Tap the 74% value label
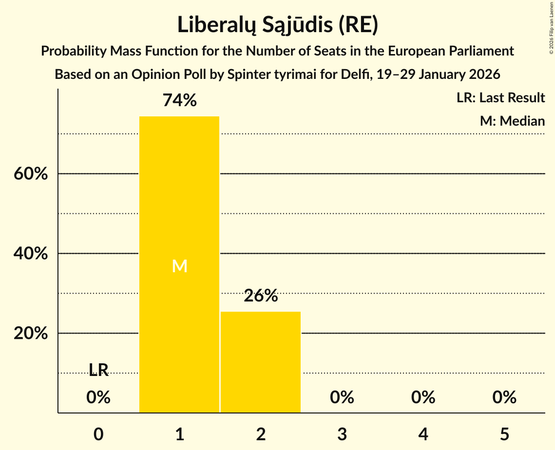pyautogui.click(x=179, y=101)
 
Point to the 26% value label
pyautogui.click(x=261, y=296)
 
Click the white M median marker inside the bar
pyautogui.click(x=179, y=266)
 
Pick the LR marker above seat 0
pyautogui.click(x=98, y=370)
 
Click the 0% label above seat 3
pyautogui.click(x=342, y=397)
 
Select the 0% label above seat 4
pyautogui.click(x=423, y=397)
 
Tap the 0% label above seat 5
pyautogui.click(x=504, y=397)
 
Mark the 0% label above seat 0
pyautogui.click(x=98, y=397)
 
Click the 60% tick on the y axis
pyautogui.click(x=31, y=174)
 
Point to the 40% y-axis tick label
pyautogui.click(x=31, y=254)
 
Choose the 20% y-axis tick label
pyautogui.click(x=31, y=334)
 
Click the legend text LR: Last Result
pyautogui.click(x=500, y=98)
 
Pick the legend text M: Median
pyautogui.click(x=512, y=121)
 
